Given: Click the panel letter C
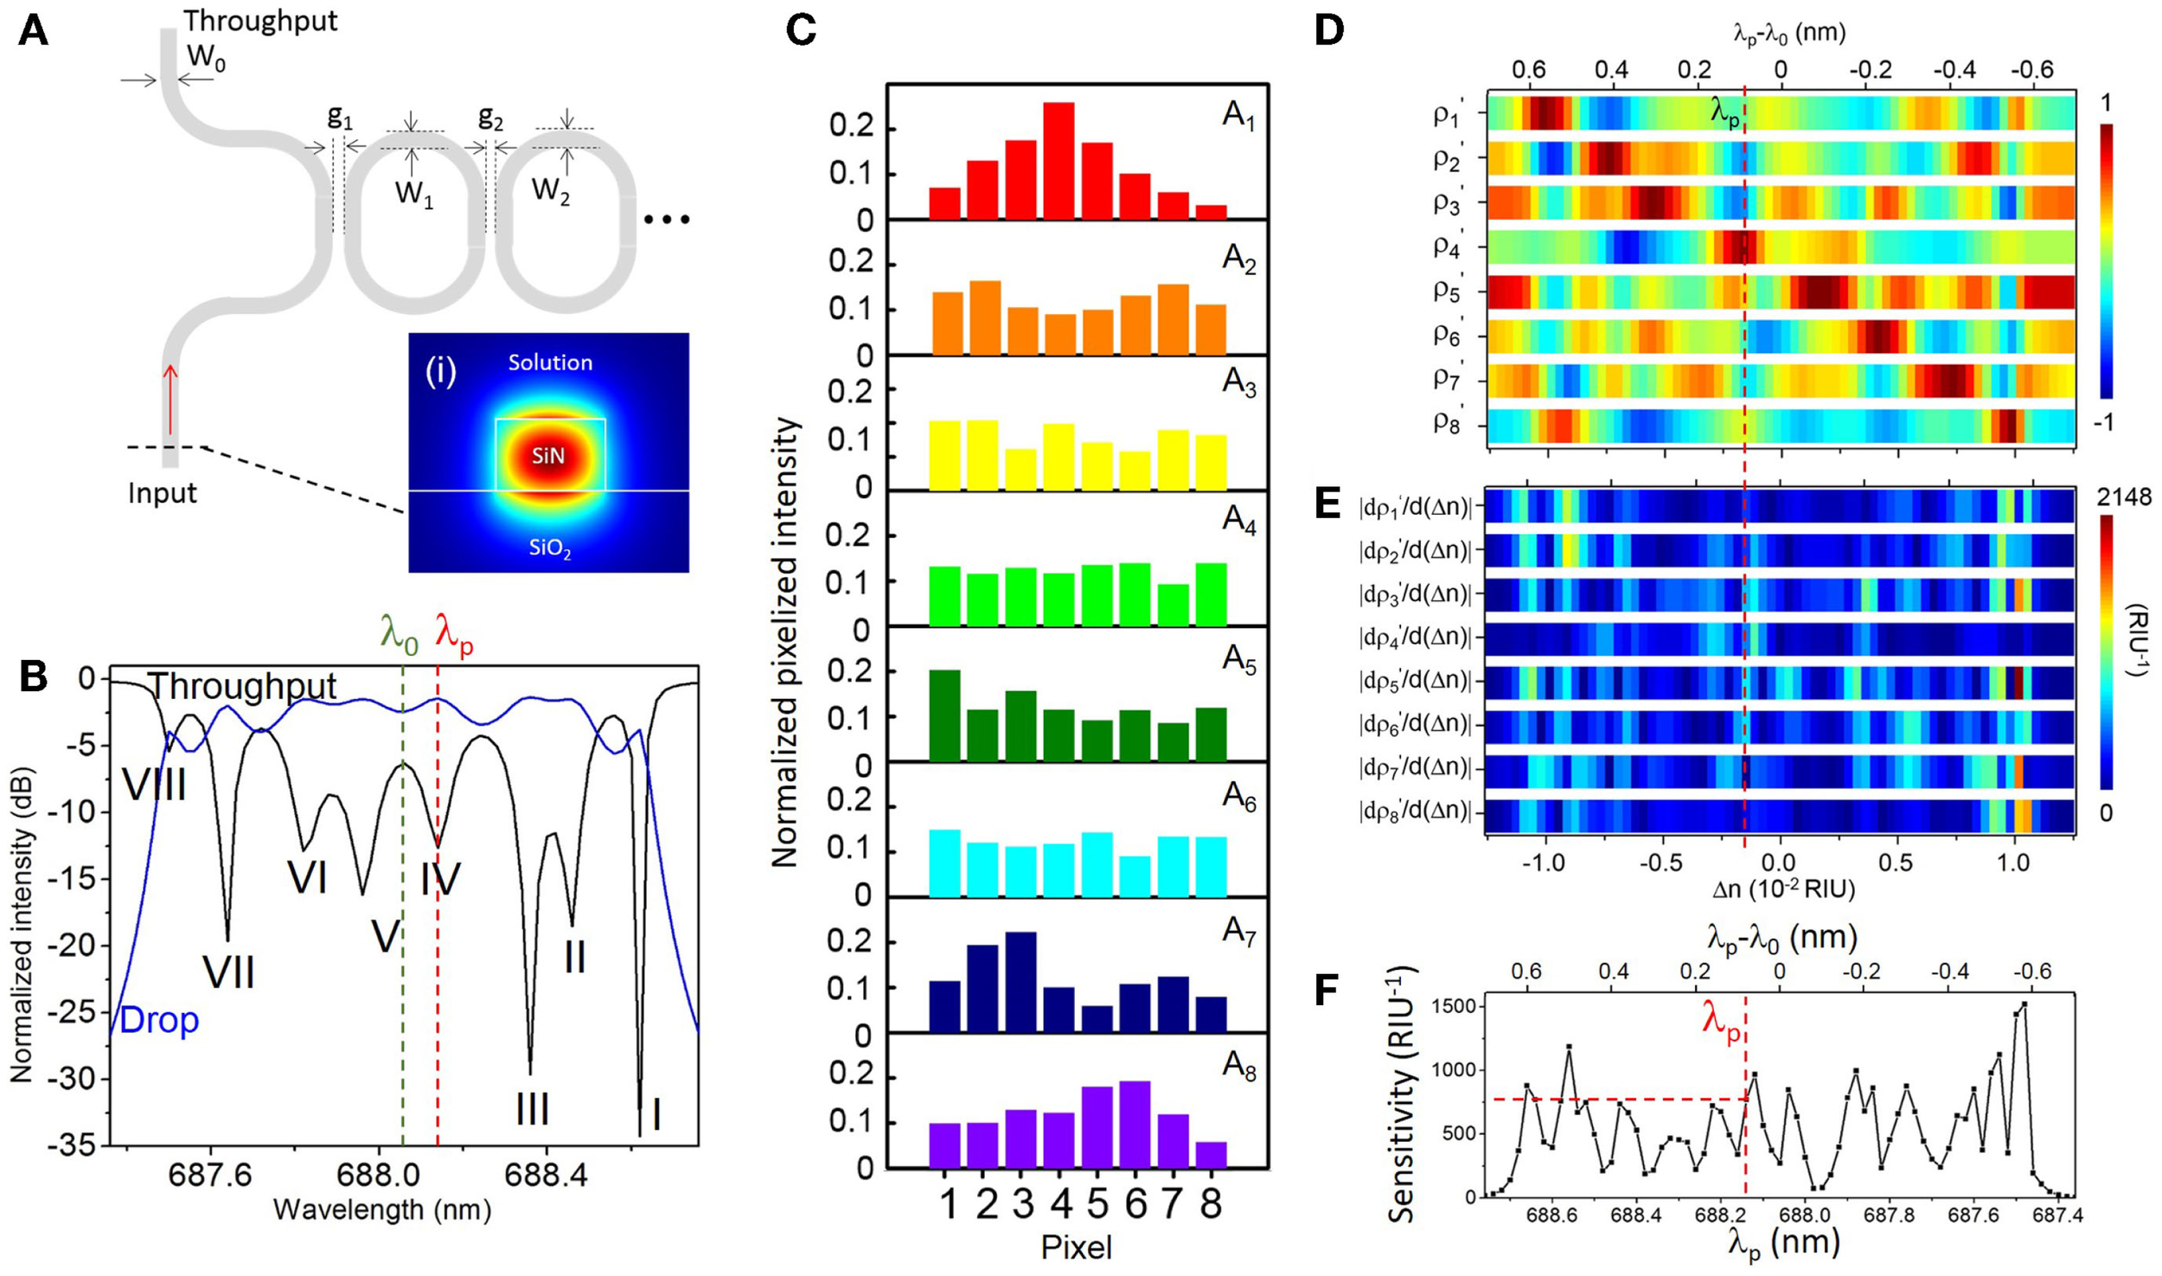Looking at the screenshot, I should coord(802,31).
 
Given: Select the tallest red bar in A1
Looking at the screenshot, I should coord(1059,160).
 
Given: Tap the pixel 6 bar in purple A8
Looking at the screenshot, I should coord(1135,1124).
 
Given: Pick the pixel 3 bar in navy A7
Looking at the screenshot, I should coord(1020,982).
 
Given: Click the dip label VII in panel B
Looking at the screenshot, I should coord(228,972).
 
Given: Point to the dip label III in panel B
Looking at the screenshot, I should coord(532,1109).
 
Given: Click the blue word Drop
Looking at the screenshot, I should coord(159,1021).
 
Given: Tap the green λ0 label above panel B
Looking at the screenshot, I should coord(399,636).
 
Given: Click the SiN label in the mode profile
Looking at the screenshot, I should coord(548,457).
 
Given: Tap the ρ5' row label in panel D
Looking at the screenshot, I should coord(1447,291).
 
